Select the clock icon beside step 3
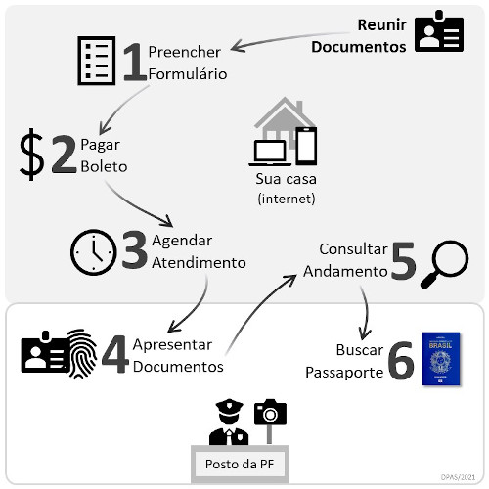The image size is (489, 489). click(x=94, y=253)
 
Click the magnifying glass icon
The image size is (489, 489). click(x=444, y=264)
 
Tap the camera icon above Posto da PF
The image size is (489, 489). click(x=269, y=413)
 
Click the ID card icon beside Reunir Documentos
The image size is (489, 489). click(x=437, y=33)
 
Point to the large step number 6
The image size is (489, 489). click(x=400, y=361)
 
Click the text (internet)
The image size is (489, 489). click(x=286, y=200)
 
